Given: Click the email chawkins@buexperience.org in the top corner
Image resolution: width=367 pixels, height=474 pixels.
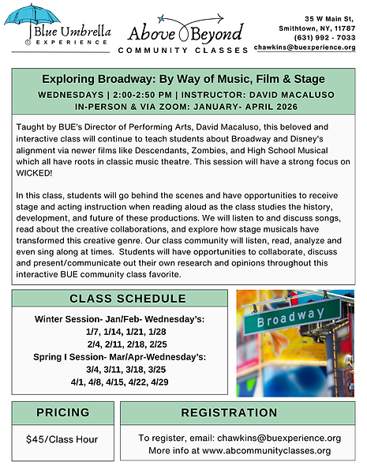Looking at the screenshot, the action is (x=305, y=47).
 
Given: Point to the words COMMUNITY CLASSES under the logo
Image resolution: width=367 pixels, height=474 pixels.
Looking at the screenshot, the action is (x=182, y=50).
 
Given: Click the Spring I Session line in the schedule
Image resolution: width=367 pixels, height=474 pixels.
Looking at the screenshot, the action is (x=119, y=357).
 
